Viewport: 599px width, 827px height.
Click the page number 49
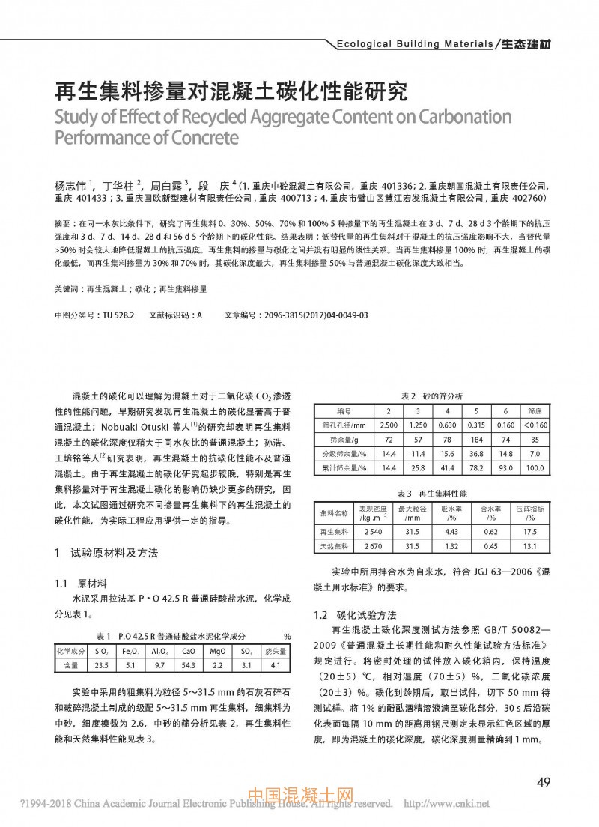544,783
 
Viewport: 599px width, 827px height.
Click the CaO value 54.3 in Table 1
189,664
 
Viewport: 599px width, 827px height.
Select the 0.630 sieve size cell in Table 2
447,425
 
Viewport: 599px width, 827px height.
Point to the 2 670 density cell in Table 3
372,546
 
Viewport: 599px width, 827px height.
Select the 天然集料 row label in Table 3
334,546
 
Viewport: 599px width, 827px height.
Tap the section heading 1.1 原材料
82,582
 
